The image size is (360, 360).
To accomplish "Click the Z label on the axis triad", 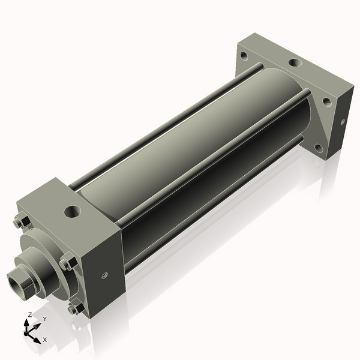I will (x=30, y=314).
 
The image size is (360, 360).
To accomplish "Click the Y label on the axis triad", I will (x=44, y=319).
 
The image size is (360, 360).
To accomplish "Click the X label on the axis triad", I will (x=45, y=340).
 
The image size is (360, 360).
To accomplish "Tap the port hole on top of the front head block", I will (x=73, y=211).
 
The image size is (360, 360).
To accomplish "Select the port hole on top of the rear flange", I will (x=295, y=62).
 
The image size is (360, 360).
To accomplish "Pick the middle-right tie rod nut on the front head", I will (x=66, y=263).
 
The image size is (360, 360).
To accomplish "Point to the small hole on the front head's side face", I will (x=103, y=275).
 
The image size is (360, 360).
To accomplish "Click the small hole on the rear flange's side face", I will (x=343, y=121).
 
